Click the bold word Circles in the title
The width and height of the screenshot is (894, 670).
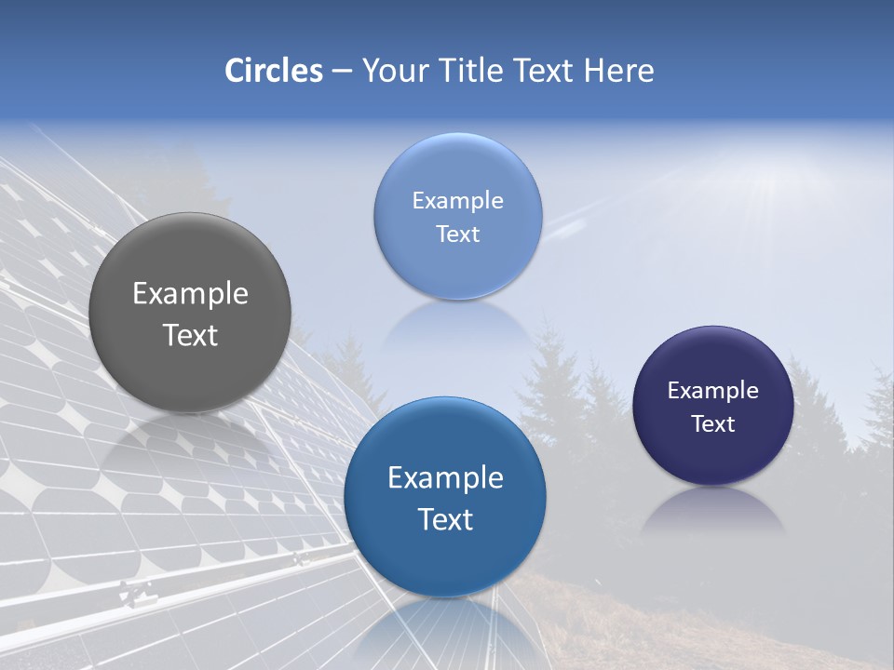coord(274,71)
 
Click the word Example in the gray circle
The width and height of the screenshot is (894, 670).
coord(190,294)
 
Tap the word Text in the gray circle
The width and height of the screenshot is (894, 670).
coord(190,335)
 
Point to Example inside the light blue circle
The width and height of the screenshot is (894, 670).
coord(457,200)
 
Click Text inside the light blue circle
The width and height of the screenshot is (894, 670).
coord(457,234)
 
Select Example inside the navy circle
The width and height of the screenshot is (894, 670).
coord(712,391)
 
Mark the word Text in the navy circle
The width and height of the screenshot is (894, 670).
coord(712,424)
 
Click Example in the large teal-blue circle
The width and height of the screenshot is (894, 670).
coord(445,478)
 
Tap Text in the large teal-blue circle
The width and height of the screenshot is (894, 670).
coord(445,519)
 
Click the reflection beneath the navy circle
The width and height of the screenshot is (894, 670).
coord(712,512)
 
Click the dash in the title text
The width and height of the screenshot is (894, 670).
coord(341,71)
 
